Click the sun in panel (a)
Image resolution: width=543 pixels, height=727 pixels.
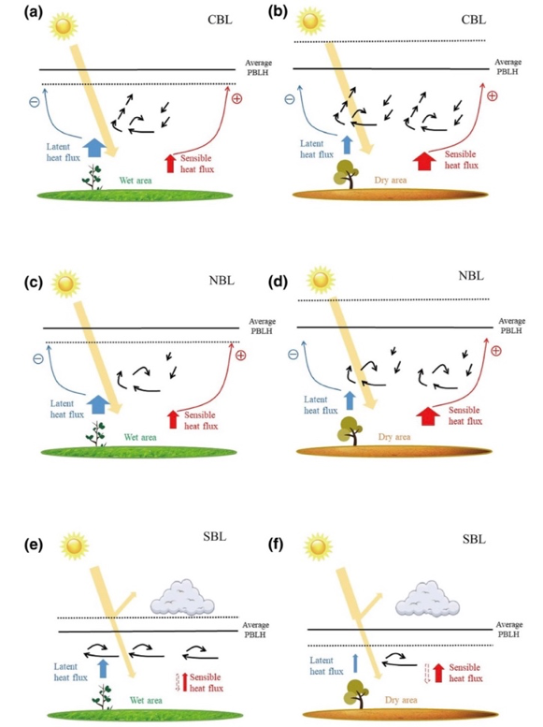(63, 25)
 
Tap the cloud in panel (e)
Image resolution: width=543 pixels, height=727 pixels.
(180, 597)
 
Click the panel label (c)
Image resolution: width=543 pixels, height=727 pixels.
(34, 283)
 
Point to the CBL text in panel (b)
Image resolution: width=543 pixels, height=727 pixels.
(474, 20)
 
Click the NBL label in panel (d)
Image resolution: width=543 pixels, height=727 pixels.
(471, 275)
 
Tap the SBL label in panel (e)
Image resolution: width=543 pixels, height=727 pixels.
(215, 536)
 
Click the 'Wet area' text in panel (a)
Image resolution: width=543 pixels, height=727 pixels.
(136, 181)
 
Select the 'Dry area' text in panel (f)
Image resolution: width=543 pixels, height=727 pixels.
(401, 700)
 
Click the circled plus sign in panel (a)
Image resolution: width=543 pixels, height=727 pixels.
(236, 98)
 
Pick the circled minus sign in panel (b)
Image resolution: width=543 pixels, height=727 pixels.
(290, 99)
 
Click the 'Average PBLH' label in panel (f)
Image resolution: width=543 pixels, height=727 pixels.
(508, 629)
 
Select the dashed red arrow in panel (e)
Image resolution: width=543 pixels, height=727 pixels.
(177, 682)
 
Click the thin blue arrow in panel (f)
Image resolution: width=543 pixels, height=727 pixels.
(355, 663)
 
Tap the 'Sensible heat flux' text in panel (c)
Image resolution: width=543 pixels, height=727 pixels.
(201, 420)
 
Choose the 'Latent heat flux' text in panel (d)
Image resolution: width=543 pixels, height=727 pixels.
(321, 405)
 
